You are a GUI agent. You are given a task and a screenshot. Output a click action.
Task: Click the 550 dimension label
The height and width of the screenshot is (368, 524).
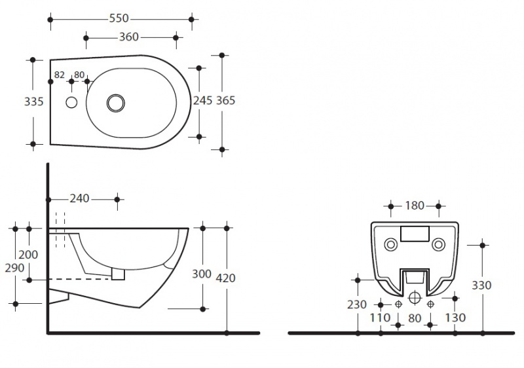pyautogui.click(x=119, y=18)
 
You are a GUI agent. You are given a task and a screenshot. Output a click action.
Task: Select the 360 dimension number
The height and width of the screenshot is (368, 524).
pyautogui.click(x=129, y=37)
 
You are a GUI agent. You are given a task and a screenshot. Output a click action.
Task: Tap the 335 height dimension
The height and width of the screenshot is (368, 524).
pyautogui.click(x=34, y=101)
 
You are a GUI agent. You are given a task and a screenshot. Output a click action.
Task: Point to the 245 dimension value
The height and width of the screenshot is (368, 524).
pyautogui.click(x=202, y=100)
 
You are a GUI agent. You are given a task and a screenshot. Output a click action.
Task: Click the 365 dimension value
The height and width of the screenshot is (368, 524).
pyautogui.click(x=225, y=100)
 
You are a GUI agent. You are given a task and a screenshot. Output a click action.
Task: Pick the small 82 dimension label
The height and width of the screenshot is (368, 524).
pyautogui.click(x=59, y=75)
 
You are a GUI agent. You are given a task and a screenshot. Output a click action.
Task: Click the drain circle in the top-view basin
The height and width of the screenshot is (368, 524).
pyautogui.click(x=116, y=103)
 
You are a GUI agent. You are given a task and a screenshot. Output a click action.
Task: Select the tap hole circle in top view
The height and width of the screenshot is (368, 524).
pyautogui.click(x=71, y=103)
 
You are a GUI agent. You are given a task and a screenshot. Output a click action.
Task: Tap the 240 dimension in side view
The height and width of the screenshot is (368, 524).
pyautogui.click(x=79, y=198)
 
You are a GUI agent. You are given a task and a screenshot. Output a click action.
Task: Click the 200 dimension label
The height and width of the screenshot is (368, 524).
pyautogui.click(x=28, y=255)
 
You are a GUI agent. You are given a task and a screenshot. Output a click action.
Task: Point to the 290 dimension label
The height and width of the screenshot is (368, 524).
pyautogui.click(x=14, y=268)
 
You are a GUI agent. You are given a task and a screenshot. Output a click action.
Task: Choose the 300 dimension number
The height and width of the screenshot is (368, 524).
pyautogui.click(x=202, y=274)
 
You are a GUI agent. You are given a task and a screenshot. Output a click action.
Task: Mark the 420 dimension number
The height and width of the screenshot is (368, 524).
pyautogui.click(x=225, y=278)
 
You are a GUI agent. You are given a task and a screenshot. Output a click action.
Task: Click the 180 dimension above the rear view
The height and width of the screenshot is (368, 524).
pyautogui.click(x=415, y=206)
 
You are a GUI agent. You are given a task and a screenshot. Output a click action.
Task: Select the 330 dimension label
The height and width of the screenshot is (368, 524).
pyautogui.click(x=481, y=285)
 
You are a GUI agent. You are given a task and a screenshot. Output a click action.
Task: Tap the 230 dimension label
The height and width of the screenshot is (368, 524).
pyautogui.click(x=357, y=304)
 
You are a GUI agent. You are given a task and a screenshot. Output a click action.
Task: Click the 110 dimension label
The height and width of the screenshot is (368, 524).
pyautogui.click(x=380, y=318)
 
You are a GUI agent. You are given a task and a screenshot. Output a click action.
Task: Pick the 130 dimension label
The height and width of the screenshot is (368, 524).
pyautogui.click(x=455, y=318)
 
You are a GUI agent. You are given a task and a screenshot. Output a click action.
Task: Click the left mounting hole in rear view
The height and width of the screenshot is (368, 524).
pyautogui.click(x=390, y=244)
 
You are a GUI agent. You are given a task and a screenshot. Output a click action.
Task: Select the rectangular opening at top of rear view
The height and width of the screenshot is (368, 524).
pyautogui.click(x=415, y=234)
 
